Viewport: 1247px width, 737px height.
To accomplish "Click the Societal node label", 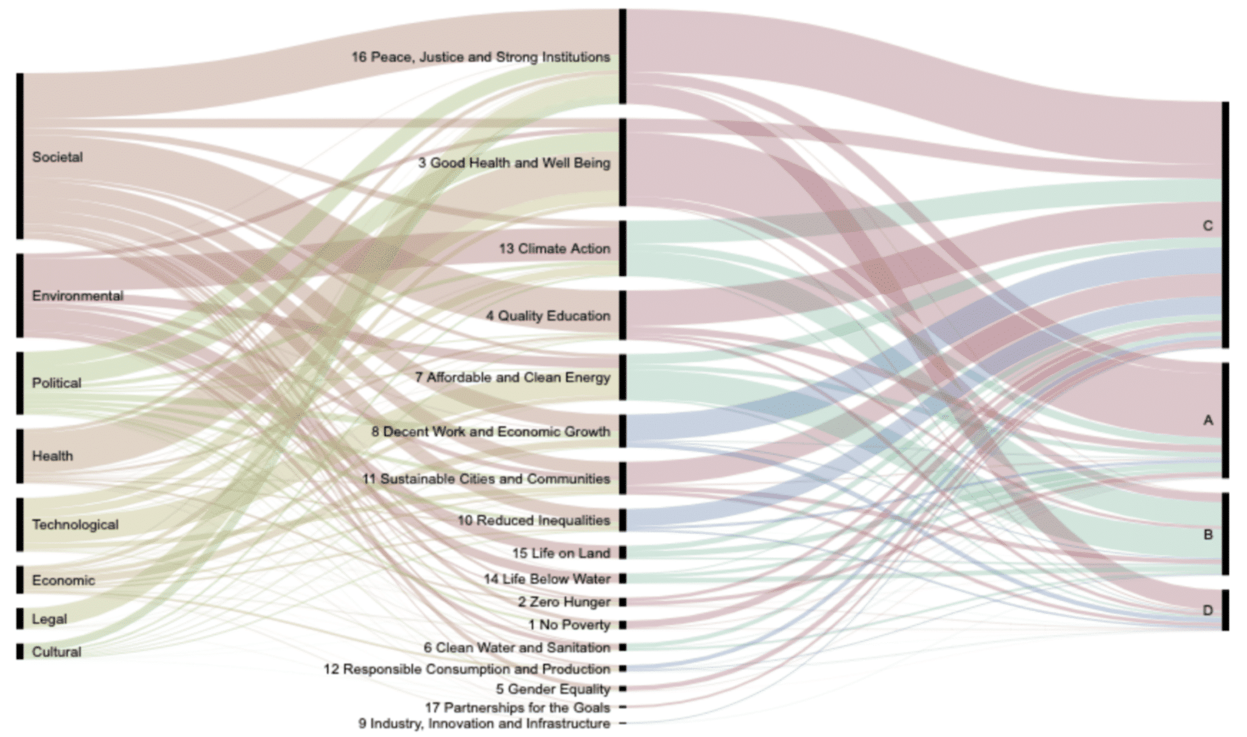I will pyautogui.click(x=57, y=157).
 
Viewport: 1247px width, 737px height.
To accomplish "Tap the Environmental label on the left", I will pyautogui.click(x=77, y=296).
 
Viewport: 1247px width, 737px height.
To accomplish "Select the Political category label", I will pyautogui.click(x=57, y=383).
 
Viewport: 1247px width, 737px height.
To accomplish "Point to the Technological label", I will pyautogui.click(x=75, y=524).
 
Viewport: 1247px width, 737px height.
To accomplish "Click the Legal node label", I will pyautogui.click(x=49, y=619).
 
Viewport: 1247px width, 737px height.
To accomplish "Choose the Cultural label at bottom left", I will pyautogui.click(x=57, y=652).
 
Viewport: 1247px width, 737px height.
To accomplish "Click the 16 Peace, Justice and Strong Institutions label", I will pyautogui.click(x=480, y=57).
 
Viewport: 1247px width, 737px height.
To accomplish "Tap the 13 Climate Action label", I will pyautogui.click(x=554, y=249).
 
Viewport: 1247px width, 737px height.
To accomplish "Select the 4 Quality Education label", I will pyautogui.click(x=547, y=316).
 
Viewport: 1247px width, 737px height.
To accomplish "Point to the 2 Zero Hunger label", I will pyautogui.click(x=564, y=602).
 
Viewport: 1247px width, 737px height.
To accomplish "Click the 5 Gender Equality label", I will pyautogui.click(x=552, y=689).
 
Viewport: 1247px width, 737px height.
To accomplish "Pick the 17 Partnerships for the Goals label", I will pyautogui.click(x=517, y=707).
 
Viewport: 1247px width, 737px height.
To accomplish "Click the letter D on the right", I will pyautogui.click(x=1207, y=610).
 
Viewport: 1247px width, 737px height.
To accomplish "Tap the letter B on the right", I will pyautogui.click(x=1208, y=535).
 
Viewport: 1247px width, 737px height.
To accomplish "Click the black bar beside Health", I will pyautogui.click(x=20, y=456).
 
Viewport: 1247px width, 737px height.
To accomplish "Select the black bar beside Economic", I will pyautogui.click(x=20, y=580).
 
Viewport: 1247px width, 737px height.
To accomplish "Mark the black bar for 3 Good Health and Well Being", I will pyautogui.click(x=622, y=162).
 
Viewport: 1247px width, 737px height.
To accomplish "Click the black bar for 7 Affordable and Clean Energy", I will pyautogui.click(x=622, y=377).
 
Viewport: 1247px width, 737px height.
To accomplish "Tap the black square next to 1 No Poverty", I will pyautogui.click(x=622, y=625).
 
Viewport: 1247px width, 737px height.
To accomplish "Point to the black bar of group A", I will pyautogui.click(x=1225, y=420).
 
